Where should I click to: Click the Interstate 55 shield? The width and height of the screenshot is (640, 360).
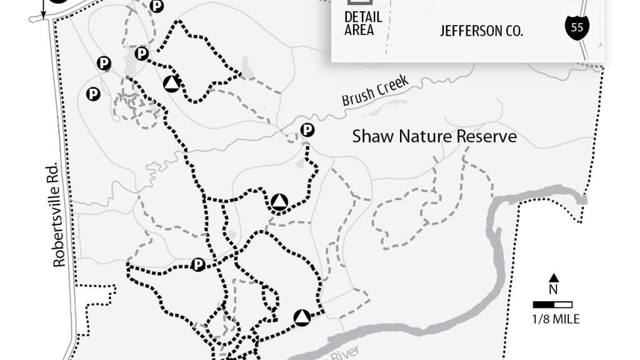point(576,26)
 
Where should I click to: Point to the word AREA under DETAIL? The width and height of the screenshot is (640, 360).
point(359,30)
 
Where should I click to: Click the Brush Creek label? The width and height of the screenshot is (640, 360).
point(375,91)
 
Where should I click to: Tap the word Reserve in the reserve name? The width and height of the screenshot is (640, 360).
point(489,136)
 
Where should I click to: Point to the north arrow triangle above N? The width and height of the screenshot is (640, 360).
point(554,278)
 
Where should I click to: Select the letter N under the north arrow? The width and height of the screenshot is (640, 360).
point(554,289)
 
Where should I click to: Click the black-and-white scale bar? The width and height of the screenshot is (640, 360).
point(552,305)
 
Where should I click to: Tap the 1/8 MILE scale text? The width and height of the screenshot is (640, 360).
point(556,319)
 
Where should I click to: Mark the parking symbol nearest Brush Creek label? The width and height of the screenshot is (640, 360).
point(307,130)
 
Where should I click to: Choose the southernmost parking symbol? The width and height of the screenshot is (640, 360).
point(198,265)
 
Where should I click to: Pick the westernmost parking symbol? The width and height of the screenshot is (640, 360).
point(93,94)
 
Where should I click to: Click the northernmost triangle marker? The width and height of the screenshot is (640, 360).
point(171,84)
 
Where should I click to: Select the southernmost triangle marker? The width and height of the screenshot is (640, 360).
point(302,317)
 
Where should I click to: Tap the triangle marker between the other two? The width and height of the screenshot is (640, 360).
point(279,202)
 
